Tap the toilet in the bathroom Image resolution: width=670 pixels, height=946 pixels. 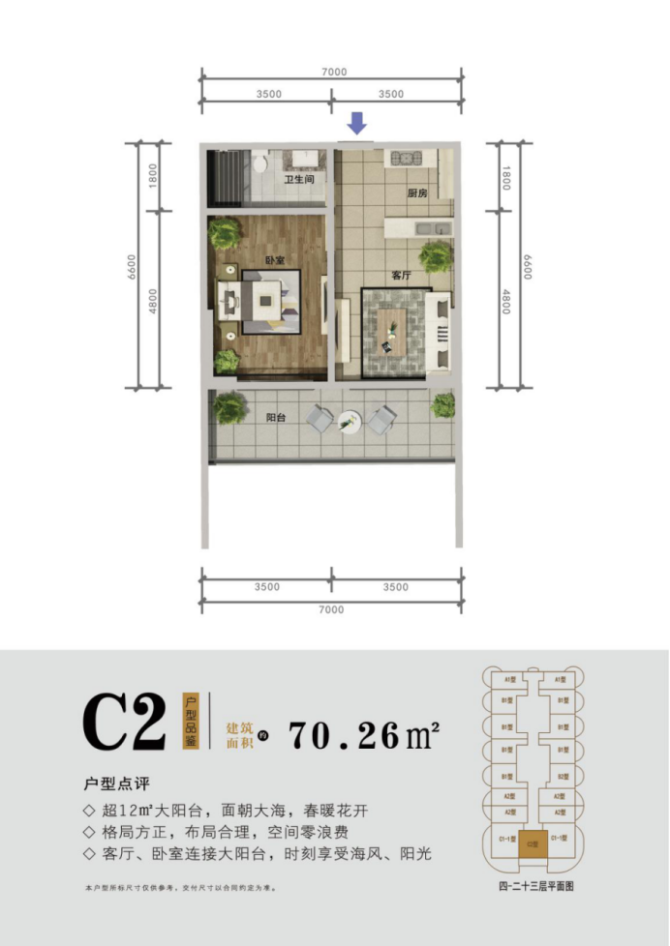(262, 162)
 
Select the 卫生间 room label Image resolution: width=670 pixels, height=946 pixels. (298, 180)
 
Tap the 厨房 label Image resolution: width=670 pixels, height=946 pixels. (417, 193)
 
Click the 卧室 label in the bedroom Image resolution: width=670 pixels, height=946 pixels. (275, 261)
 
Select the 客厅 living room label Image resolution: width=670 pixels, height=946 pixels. (402, 276)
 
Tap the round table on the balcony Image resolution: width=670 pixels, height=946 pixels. (350, 421)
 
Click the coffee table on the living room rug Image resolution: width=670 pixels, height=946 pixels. (393, 329)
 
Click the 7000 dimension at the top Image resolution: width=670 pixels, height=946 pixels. (331, 72)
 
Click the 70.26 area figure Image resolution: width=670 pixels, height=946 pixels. (345, 735)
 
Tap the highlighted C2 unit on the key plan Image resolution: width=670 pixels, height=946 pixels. (532, 843)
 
